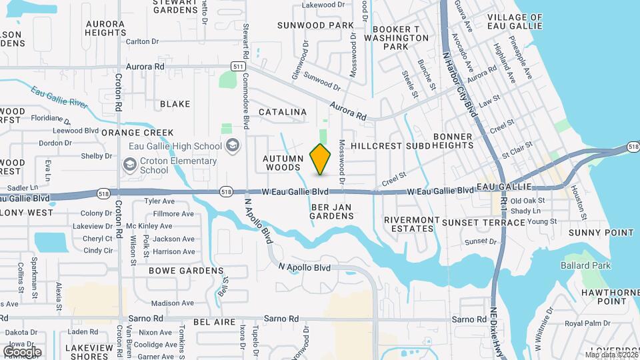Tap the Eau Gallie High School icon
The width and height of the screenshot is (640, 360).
(x=233, y=146)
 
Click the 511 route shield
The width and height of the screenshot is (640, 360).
(x=238, y=67)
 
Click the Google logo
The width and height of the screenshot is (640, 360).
(x=22, y=351)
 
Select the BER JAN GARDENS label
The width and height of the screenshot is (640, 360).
(x=331, y=211)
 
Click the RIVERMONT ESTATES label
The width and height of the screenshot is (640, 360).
(x=411, y=224)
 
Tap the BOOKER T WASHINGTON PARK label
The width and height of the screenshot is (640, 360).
(x=400, y=38)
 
